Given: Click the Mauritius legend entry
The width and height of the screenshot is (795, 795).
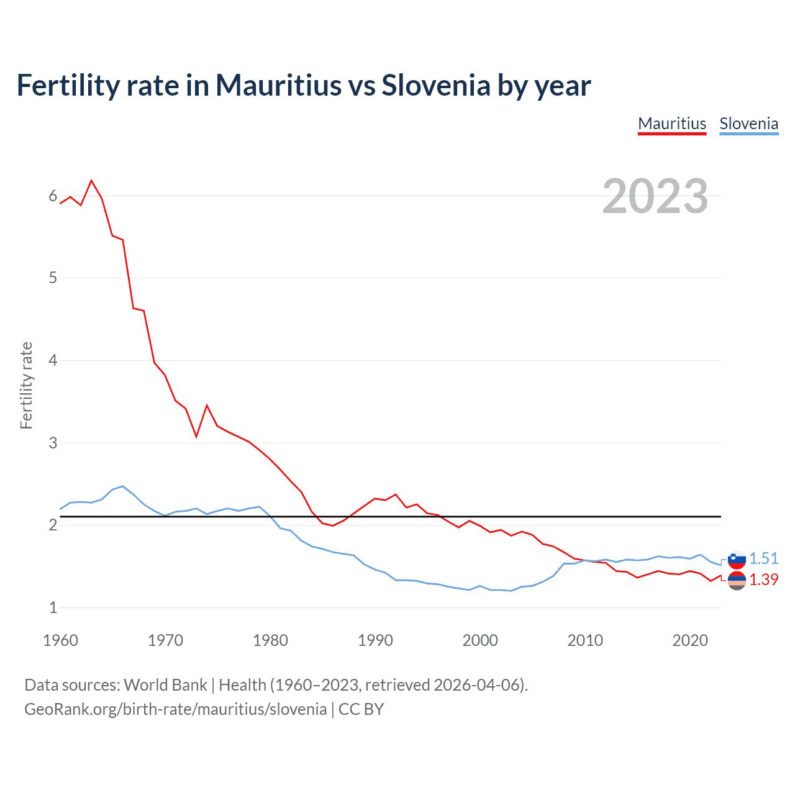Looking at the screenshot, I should [x=672, y=124].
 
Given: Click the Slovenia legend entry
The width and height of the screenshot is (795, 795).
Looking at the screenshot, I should [x=748, y=124].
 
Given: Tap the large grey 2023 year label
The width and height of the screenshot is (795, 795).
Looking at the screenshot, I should [x=655, y=196].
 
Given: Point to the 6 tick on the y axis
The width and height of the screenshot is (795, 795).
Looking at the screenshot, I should [x=53, y=196].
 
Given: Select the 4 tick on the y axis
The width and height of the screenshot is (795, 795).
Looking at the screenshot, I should [x=53, y=360].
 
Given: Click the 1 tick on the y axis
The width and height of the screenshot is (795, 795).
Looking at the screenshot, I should [x=53, y=607].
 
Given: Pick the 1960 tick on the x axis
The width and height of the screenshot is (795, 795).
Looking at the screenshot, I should [x=60, y=640].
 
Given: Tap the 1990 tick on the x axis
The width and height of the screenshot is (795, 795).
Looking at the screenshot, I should [x=375, y=640].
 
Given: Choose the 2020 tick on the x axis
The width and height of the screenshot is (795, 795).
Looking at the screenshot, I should [x=690, y=640].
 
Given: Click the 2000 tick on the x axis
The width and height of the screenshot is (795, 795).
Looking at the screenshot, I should [x=480, y=640].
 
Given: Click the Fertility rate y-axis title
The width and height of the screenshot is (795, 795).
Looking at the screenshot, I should [x=26, y=385].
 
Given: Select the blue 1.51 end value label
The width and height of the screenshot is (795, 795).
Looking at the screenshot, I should [x=763, y=558].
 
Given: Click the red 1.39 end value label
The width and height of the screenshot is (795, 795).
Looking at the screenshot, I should [x=763, y=579].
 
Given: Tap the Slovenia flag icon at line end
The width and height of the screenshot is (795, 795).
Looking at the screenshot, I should [x=737, y=559].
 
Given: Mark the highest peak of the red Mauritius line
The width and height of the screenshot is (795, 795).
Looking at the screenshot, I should [x=91, y=181].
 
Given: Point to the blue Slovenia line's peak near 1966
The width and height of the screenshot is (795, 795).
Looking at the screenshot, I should [x=123, y=486].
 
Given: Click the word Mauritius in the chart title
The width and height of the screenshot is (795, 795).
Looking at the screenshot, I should [x=278, y=85].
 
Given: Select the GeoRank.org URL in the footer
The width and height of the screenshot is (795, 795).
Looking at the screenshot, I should [x=175, y=709].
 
